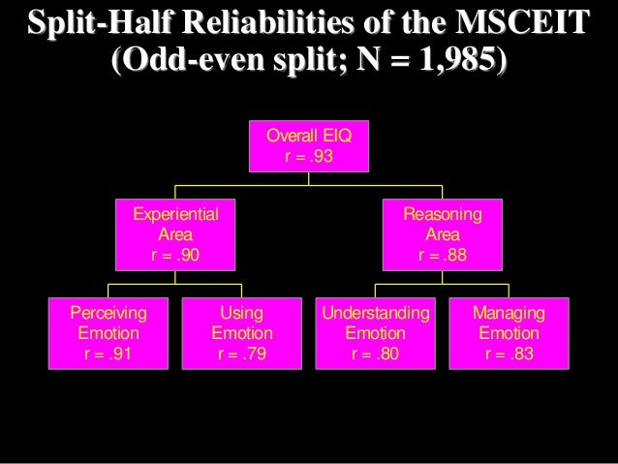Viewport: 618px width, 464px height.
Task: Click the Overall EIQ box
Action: pos(309,145)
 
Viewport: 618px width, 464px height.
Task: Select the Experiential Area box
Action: pos(175,234)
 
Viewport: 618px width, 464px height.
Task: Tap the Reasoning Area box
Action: pos(441,234)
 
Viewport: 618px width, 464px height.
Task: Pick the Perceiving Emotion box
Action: pos(108,333)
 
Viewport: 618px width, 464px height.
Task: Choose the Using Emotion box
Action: pos(242,333)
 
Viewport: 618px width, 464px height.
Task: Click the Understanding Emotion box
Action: pos(375,333)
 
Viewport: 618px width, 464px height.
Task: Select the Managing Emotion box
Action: pos(509,333)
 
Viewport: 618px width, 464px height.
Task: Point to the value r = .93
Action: pos(309,156)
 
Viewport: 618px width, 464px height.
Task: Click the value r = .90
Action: pos(175,256)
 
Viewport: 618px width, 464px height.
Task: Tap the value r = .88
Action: pos(441,256)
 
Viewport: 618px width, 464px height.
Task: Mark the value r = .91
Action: pos(108,354)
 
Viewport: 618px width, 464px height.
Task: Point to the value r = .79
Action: pos(242,354)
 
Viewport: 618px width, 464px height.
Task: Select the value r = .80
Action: pos(375,354)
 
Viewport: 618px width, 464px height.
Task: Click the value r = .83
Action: pos(509,354)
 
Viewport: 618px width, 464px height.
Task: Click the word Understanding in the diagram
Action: pos(375,313)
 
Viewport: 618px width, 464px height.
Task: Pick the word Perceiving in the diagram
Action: pos(108,313)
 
